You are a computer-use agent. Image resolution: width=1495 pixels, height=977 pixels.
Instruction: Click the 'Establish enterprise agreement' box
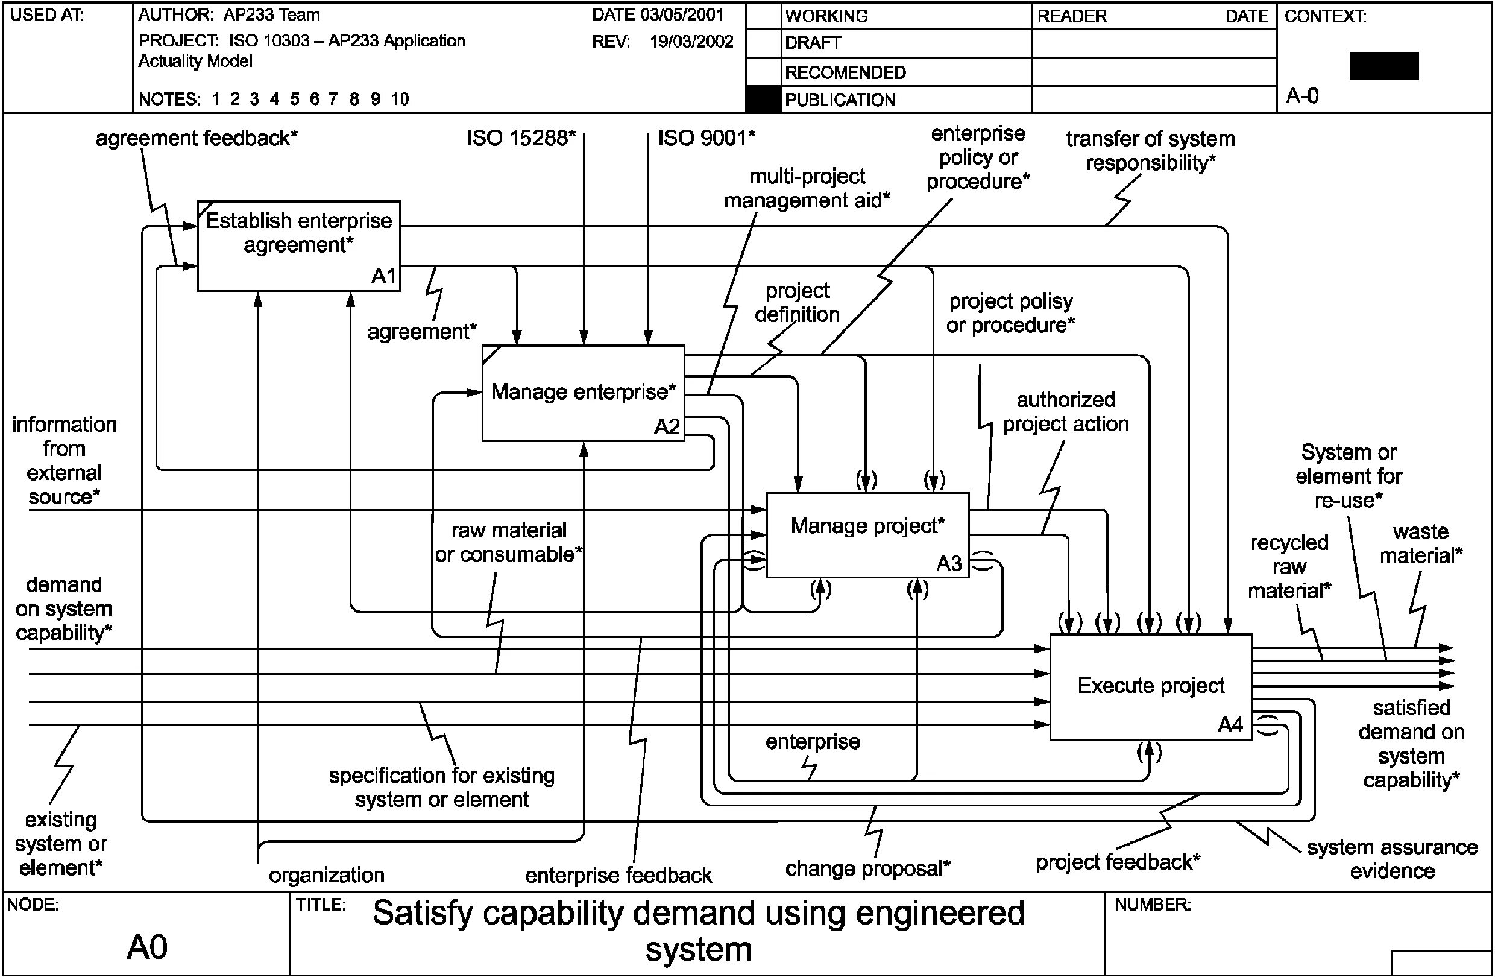(x=298, y=245)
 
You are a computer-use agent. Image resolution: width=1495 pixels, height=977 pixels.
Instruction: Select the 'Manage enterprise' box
(x=583, y=393)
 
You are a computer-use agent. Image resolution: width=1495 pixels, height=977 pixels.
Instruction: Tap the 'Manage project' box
(x=867, y=534)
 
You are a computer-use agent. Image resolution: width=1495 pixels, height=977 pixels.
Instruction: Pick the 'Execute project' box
(x=1150, y=686)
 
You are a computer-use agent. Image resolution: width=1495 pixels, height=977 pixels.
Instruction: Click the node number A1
(x=383, y=276)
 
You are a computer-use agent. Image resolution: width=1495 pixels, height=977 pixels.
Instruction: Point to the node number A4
(x=1230, y=726)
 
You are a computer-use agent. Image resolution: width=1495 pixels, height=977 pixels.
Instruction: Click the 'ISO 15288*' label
(x=521, y=138)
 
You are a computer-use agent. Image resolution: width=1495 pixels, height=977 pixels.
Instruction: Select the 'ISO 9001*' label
(x=707, y=138)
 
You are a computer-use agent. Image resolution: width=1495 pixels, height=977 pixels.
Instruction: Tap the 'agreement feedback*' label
(x=196, y=138)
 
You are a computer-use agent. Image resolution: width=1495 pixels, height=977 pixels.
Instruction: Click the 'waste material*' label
(x=1421, y=543)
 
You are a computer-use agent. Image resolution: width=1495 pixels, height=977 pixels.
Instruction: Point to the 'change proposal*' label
(x=867, y=868)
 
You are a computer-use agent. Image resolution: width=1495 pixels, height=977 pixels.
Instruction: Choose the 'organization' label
(x=327, y=874)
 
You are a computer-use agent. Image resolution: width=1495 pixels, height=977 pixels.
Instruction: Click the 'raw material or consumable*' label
(x=509, y=542)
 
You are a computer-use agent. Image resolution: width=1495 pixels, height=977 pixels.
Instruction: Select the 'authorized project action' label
(x=1065, y=411)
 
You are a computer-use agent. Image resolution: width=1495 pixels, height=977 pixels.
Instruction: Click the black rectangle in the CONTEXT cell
(x=1384, y=66)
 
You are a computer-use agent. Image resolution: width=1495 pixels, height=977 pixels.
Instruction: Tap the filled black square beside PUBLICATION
(x=764, y=100)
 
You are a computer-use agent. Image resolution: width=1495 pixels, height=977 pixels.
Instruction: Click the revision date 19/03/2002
(x=691, y=42)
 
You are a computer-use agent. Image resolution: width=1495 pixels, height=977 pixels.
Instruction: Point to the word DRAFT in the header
(x=813, y=43)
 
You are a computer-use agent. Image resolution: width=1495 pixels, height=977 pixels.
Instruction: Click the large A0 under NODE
(x=147, y=947)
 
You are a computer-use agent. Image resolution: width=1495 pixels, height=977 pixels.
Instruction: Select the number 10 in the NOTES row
(x=400, y=99)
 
